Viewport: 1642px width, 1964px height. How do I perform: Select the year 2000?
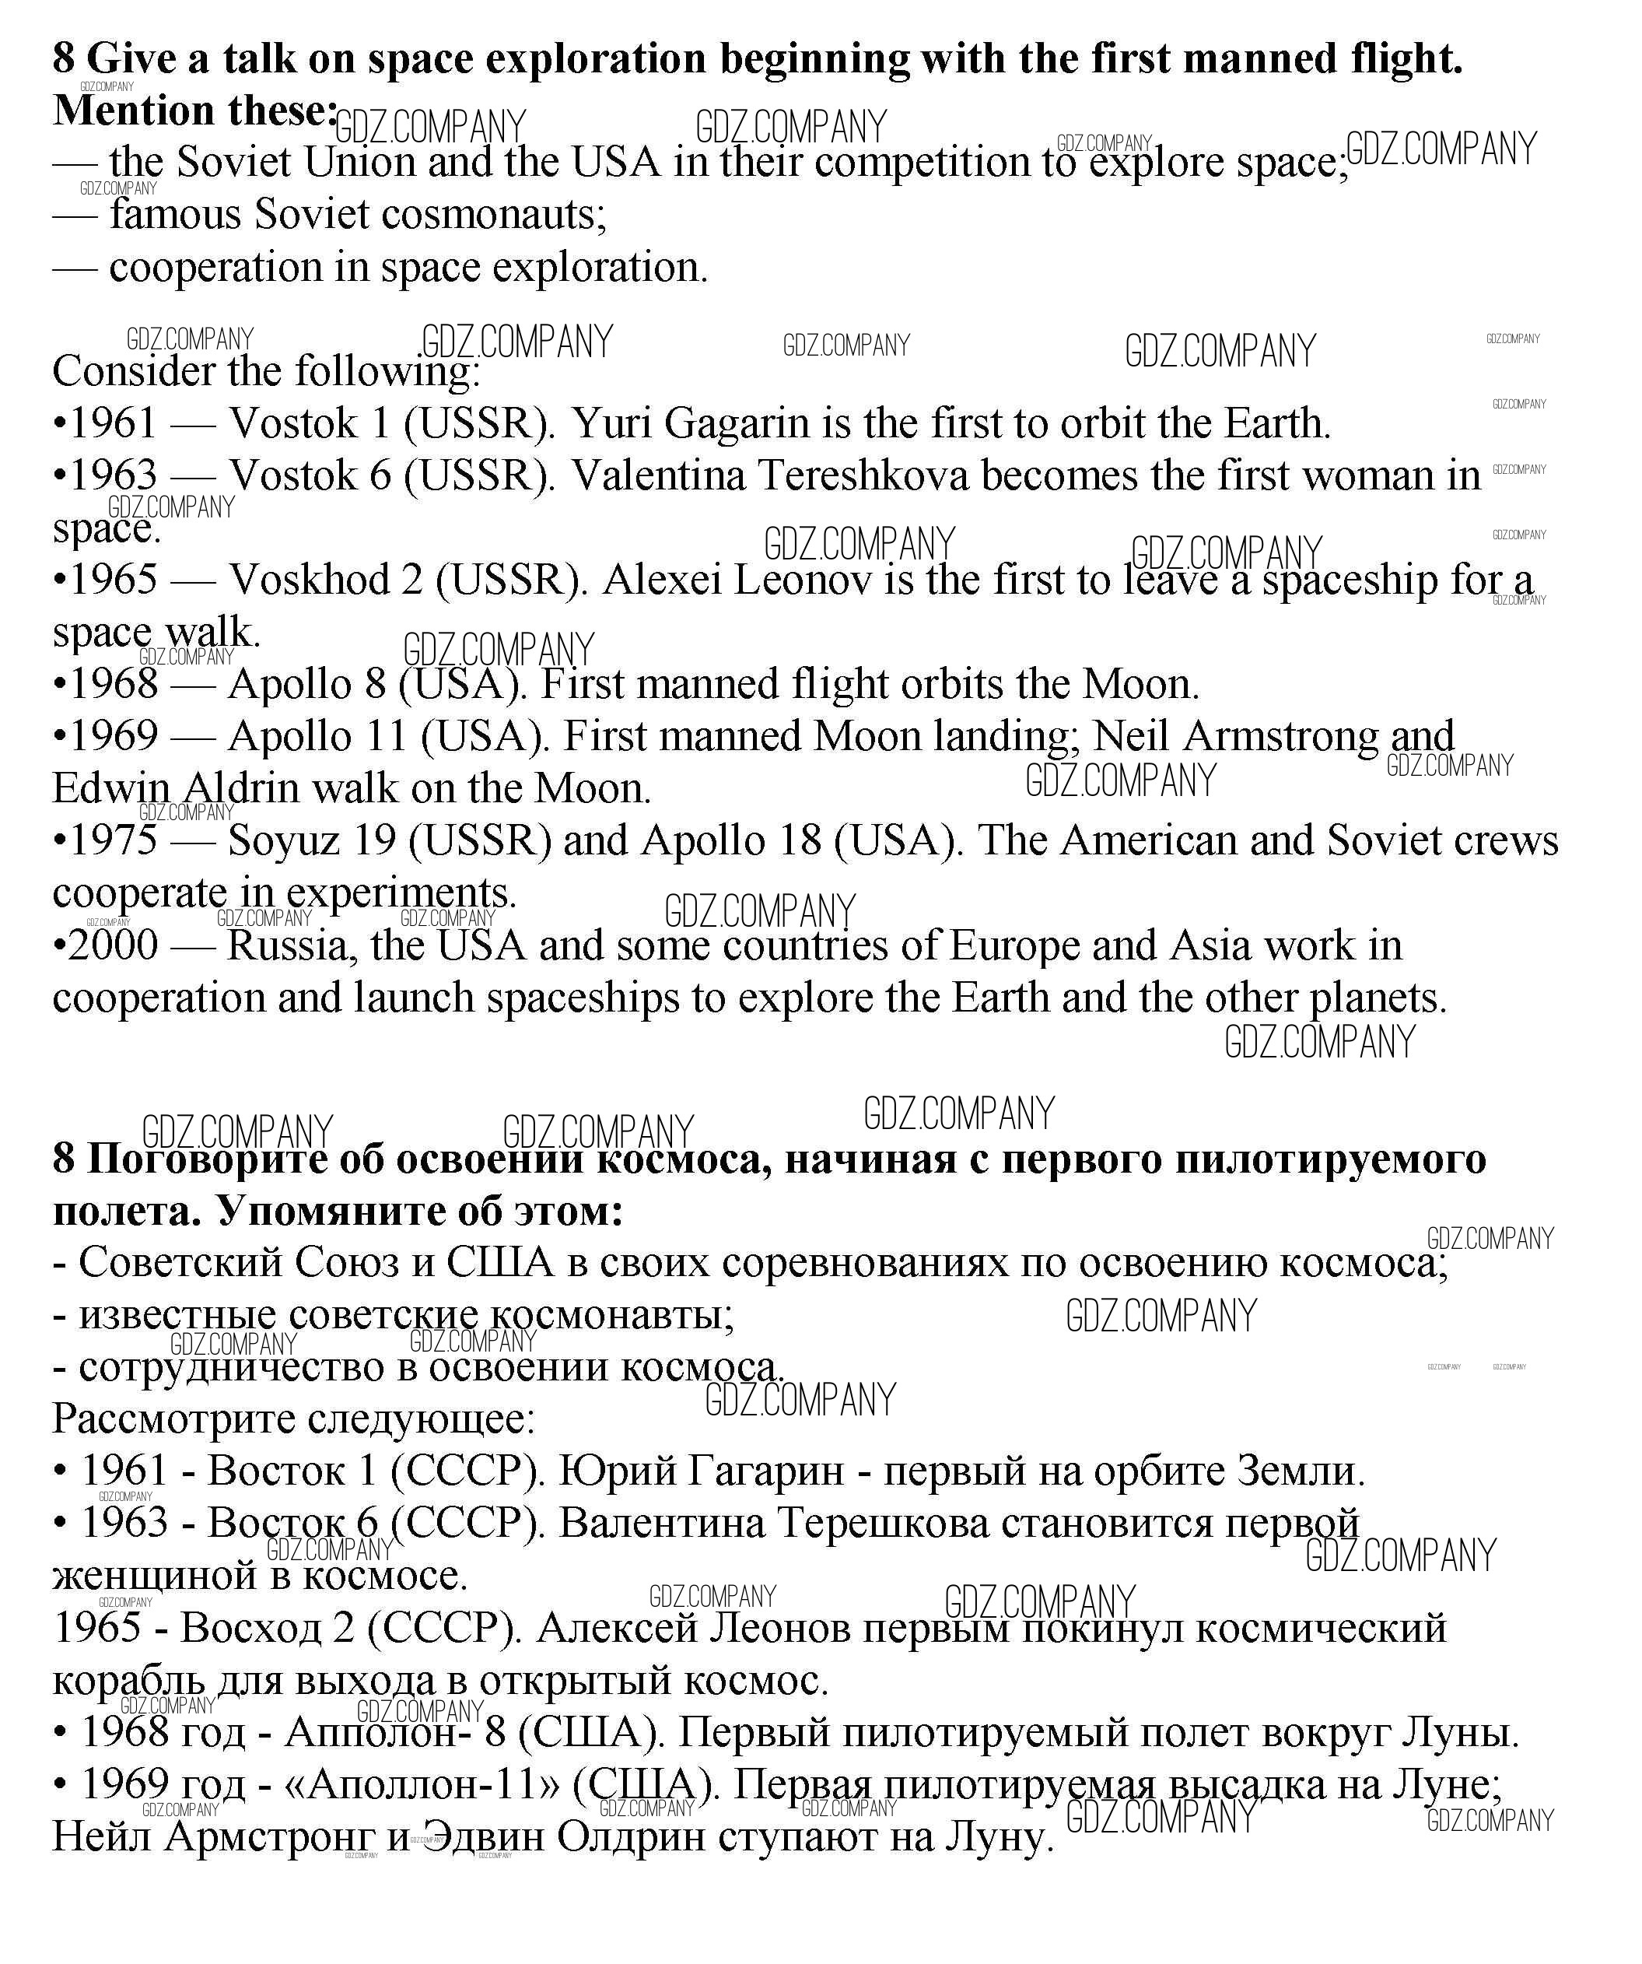pyautogui.click(x=113, y=945)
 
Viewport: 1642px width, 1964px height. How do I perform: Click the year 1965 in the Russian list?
pyautogui.click(x=96, y=1629)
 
